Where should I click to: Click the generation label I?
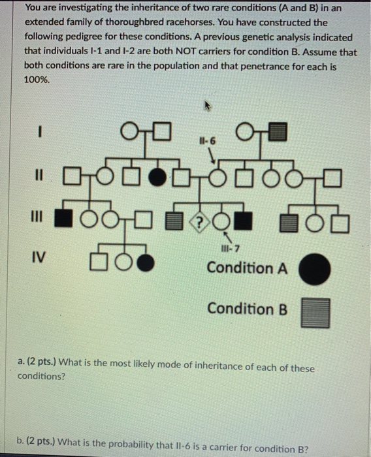point(40,133)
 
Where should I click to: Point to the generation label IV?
point(40,258)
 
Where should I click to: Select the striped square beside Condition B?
point(315,312)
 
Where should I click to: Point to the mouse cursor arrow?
point(210,104)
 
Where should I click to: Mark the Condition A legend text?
point(247,268)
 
